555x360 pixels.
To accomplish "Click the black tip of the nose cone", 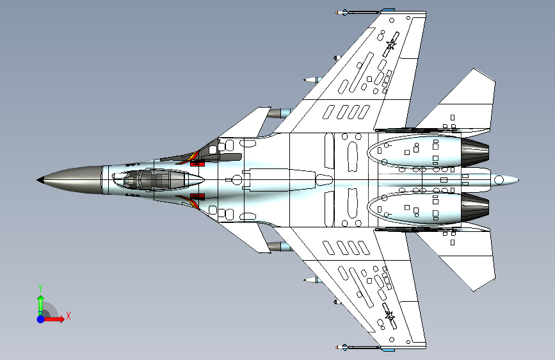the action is (39, 180).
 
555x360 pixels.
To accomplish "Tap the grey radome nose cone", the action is (71, 180).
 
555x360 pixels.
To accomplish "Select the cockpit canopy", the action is (158, 179).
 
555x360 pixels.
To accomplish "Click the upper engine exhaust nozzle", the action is (475, 152).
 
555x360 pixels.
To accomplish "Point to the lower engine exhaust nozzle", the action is (475, 208).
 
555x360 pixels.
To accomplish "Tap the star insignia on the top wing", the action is (390, 45).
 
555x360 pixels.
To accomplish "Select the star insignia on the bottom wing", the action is (390, 315).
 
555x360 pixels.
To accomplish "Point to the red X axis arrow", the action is (54, 319).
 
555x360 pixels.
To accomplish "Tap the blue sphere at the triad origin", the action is (41, 319).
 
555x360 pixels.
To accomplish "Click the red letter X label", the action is (68, 316).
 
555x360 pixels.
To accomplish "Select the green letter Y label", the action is (40, 288).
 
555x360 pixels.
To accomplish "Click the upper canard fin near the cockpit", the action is (248, 124).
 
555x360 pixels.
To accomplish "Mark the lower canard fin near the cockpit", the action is (248, 237).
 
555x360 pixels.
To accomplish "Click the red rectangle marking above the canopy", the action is (198, 163).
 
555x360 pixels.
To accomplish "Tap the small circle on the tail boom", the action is (499, 180).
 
